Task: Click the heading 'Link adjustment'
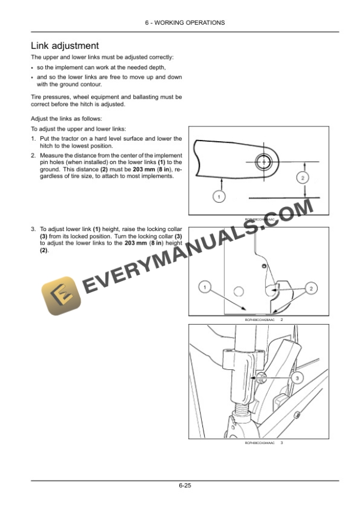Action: click(x=65, y=45)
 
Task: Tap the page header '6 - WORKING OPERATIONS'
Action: click(x=180, y=23)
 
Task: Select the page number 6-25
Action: click(x=180, y=486)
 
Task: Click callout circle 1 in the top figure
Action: click(x=218, y=196)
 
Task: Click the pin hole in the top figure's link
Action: click(x=262, y=160)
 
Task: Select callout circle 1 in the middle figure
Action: click(x=204, y=288)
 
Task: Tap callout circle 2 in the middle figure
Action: click(x=311, y=288)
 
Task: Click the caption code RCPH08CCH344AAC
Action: click(x=259, y=443)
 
